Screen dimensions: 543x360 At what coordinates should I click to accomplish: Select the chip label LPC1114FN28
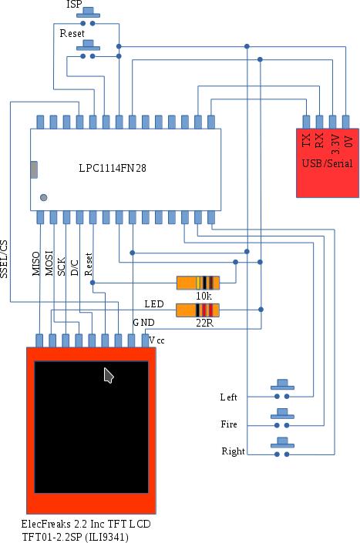click(123, 168)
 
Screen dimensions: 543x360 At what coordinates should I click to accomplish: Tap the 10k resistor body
click(198, 283)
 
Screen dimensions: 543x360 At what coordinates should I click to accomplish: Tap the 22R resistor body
click(198, 310)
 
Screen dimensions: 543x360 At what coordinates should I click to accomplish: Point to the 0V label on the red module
click(347, 140)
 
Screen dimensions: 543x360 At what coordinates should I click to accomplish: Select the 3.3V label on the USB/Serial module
click(334, 140)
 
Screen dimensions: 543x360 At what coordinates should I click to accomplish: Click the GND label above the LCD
click(143, 322)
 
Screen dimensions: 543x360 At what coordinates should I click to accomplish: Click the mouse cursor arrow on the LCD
click(109, 375)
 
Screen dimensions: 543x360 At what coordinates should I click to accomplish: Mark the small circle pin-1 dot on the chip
click(43, 198)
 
